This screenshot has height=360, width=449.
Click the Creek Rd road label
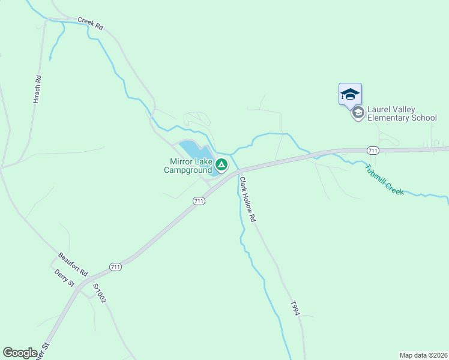click(91, 25)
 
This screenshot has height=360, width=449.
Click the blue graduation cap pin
click(350, 94)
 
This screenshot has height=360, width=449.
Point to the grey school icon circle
click(358, 113)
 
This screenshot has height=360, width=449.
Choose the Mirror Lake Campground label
click(188, 165)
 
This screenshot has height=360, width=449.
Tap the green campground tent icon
click(221, 164)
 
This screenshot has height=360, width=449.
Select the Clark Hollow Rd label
click(247, 200)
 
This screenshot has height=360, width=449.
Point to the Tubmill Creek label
click(384, 179)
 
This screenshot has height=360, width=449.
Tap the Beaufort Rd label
click(73, 264)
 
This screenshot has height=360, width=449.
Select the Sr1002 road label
click(99, 293)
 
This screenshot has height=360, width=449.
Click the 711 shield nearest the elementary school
click(373, 150)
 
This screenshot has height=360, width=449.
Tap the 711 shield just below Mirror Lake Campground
click(199, 201)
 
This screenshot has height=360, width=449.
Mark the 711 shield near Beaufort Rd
click(116, 266)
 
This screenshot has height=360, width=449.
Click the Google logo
click(20, 353)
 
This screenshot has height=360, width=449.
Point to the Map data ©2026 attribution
click(423, 355)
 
